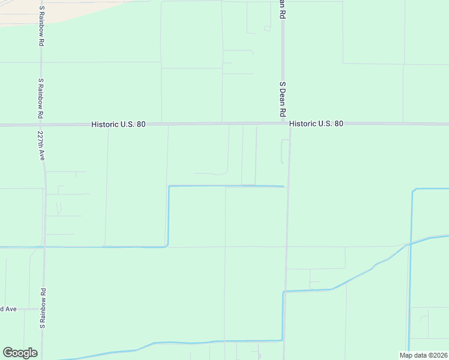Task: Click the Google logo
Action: click(20, 353)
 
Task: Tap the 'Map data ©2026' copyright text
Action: click(423, 355)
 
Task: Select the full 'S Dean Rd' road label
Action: click(282, 99)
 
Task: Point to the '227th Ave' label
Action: click(41, 146)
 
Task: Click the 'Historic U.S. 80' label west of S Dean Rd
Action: click(118, 124)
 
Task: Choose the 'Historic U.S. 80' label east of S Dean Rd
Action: click(316, 124)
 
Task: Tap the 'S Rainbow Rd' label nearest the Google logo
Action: click(43, 308)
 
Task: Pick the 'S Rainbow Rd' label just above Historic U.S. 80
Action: click(41, 98)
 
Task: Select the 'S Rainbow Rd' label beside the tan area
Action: click(41, 26)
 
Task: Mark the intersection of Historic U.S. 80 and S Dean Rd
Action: click(284, 124)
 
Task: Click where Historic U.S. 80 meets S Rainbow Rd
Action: click(41, 125)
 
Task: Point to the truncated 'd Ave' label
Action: click(8, 309)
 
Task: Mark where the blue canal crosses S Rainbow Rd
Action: click(43, 247)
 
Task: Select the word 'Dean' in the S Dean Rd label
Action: click(282, 98)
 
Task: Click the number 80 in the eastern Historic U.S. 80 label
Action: click(338, 124)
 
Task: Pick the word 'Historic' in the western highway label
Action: click(104, 124)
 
